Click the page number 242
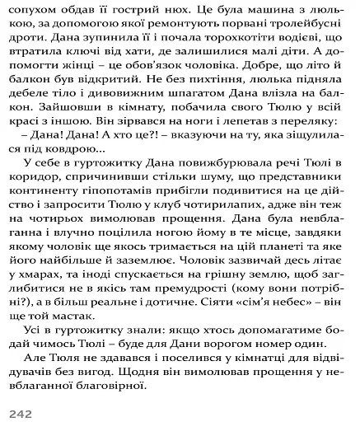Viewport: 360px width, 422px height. pyautogui.click(x=20, y=410)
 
